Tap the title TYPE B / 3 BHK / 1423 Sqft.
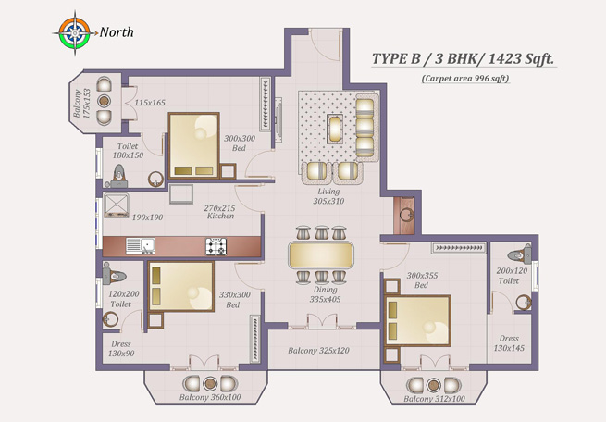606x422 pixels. [x=463, y=58]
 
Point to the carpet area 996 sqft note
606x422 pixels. [x=464, y=79]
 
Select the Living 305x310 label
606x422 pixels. [x=328, y=196]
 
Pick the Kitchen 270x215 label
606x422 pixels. [x=219, y=212]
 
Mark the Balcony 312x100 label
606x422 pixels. [x=434, y=399]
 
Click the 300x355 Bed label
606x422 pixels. [x=421, y=280]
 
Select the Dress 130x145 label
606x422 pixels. [x=509, y=343]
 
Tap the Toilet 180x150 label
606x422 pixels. [x=130, y=151]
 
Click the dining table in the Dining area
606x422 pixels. [x=321, y=254]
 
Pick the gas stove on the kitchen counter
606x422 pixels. [x=216, y=246]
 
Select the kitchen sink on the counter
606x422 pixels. [x=140, y=246]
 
